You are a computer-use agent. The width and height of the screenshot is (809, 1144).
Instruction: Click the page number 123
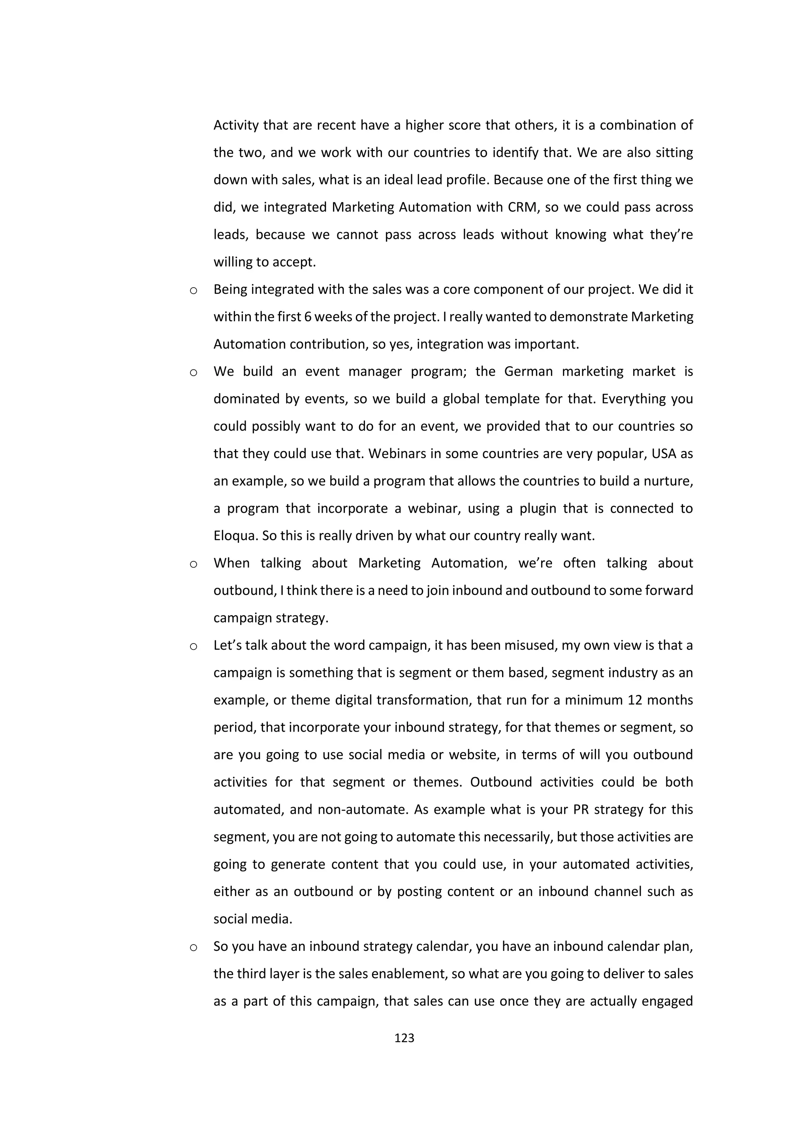tap(404, 1038)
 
